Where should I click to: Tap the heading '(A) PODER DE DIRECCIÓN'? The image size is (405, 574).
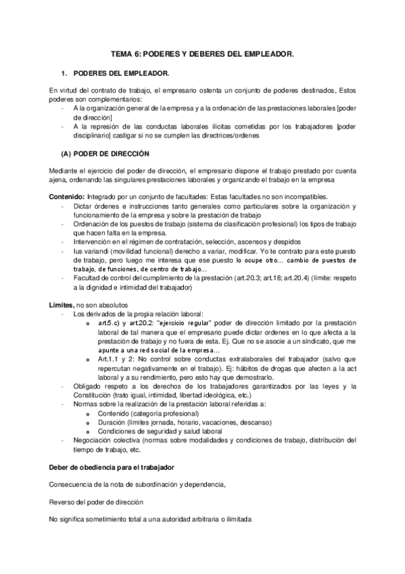[110, 153]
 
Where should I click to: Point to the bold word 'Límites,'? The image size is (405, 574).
[62, 305]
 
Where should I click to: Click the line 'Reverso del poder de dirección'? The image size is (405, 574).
[96, 502]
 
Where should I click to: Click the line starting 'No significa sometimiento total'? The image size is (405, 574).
[150, 519]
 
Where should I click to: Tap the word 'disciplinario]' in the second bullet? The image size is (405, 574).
[94, 134]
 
